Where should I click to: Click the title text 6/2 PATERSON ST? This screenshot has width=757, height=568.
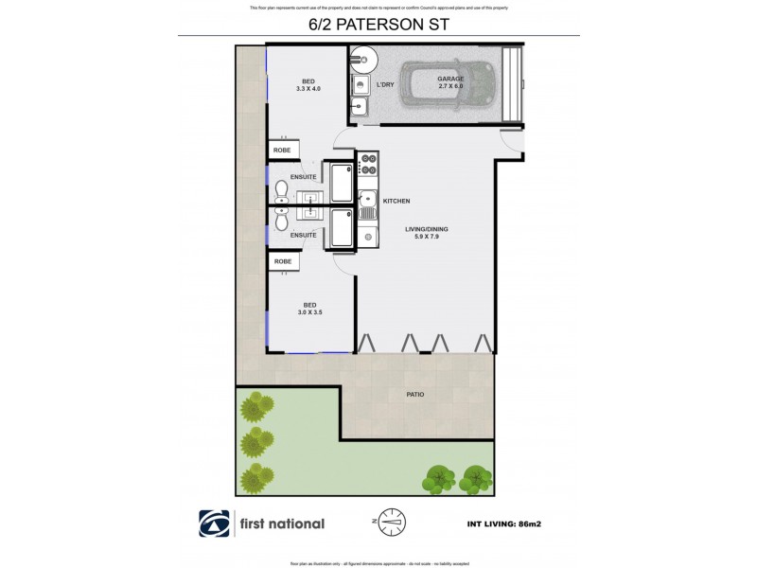point(378,26)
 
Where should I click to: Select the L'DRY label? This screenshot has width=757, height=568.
point(385,86)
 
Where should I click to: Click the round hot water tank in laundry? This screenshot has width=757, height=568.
point(361,60)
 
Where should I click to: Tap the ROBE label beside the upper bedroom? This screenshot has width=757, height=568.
point(282,151)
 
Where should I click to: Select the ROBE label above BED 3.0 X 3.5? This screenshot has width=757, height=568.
point(282,260)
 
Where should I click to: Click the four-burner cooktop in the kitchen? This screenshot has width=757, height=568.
point(367,165)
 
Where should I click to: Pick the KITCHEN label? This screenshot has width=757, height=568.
point(396,201)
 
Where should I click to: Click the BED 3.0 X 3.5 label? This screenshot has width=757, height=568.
point(308,307)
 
